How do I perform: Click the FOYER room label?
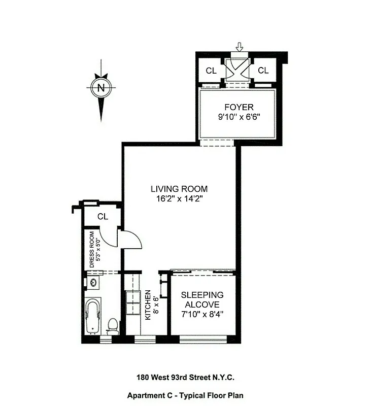click(x=239, y=107)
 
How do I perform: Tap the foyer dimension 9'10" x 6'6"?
click(x=239, y=116)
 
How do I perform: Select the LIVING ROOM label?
click(x=179, y=189)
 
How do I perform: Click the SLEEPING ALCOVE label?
click(x=202, y=299)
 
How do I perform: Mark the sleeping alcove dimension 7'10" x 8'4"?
click(x=202, y=314)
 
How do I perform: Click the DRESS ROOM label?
click(x=92, y=249)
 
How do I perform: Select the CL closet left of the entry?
click(x=211, y=71)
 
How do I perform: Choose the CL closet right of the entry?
click(x=263, y=71)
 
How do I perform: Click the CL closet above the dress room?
click(x=103, y=216)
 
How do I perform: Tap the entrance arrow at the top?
click(x=240, y=47)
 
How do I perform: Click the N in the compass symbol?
click(x=101, y=87)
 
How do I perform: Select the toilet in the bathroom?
click(x=113, y=324)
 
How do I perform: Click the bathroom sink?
click(x=93, y=282)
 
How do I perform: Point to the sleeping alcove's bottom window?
click(x=202, y=339)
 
